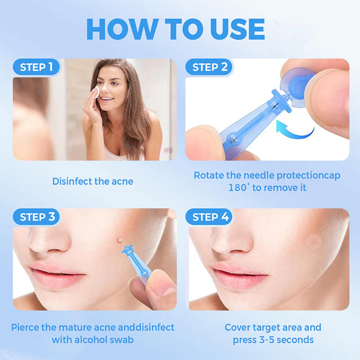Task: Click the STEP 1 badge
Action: pos(39,67)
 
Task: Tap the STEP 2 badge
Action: pos(210,67)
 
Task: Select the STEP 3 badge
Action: pos(39,217)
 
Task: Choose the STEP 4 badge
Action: pos(210,217)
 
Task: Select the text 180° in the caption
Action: pos(238,187)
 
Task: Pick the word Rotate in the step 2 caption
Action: pos(209,175)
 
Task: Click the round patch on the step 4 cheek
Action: pos(314,242)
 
